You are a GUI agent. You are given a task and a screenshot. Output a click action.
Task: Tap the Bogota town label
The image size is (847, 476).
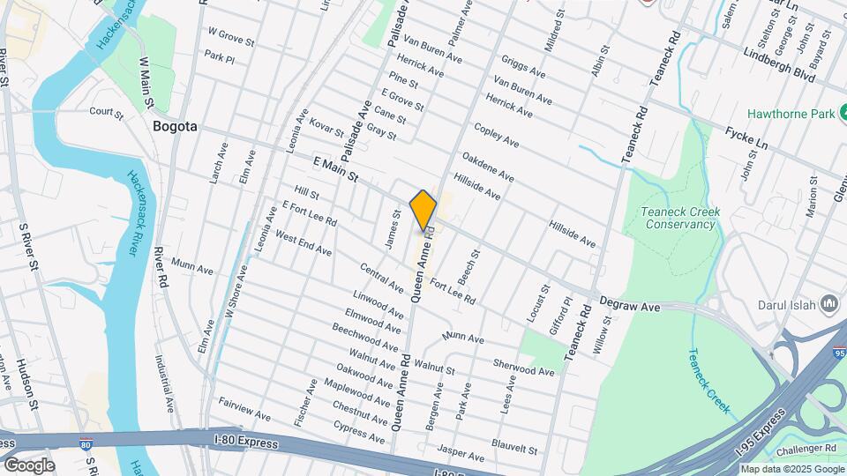click(175, 126)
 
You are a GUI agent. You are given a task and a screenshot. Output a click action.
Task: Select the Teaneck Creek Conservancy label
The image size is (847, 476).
click(680, 218)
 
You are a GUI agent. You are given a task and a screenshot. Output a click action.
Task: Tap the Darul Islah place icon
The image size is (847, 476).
click(828, 305)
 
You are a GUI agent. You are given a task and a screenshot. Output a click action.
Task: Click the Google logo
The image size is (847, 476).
click(28, 465)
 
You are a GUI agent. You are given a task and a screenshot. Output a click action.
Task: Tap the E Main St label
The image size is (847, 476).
click(335, 170)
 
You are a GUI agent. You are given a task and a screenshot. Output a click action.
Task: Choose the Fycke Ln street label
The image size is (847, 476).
click(748, 138)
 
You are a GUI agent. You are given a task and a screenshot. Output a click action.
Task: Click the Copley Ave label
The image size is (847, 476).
click(496, 135)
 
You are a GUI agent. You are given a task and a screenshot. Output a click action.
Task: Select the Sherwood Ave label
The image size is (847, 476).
click(524, 367)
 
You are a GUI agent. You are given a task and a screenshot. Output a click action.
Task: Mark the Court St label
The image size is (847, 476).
click(106, 112)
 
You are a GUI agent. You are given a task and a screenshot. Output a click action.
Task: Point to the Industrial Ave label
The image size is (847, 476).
click(165, 383)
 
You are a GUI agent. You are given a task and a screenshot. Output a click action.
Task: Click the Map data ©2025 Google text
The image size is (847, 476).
click(791, 469)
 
